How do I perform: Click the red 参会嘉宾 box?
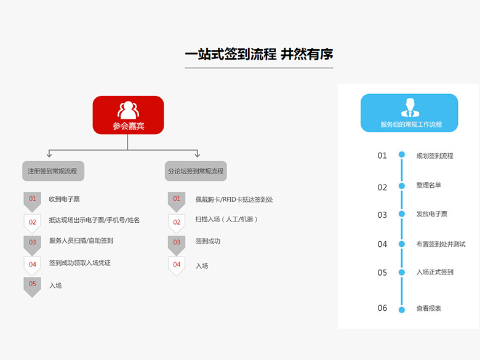pos(128,115)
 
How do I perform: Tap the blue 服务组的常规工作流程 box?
pos(409,113)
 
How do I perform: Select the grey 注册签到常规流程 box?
pos(54,171)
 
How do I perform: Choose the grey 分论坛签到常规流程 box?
pos(196,171)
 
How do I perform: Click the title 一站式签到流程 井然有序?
pos(259,54)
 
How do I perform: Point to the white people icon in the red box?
pos(128,110)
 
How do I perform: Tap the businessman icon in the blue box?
pos(410,108)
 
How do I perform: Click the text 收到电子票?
pos(64,199)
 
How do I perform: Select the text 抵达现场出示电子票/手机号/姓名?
pos(94,220)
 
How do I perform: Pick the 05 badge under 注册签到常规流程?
pos(33,287)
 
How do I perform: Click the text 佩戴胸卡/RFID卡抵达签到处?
pos(234,199)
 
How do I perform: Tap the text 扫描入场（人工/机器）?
pos(226,219)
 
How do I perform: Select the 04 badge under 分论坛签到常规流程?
pos(177,266)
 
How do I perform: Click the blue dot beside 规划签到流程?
pos(402,154)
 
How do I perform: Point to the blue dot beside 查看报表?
pos(402,310)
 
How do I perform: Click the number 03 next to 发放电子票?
pos(382,215)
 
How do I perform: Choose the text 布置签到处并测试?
pos(441,244)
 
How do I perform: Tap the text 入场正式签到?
pos(434,272)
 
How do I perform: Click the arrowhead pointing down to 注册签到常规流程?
pos(49,154)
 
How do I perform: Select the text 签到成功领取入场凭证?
pos(80,263)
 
